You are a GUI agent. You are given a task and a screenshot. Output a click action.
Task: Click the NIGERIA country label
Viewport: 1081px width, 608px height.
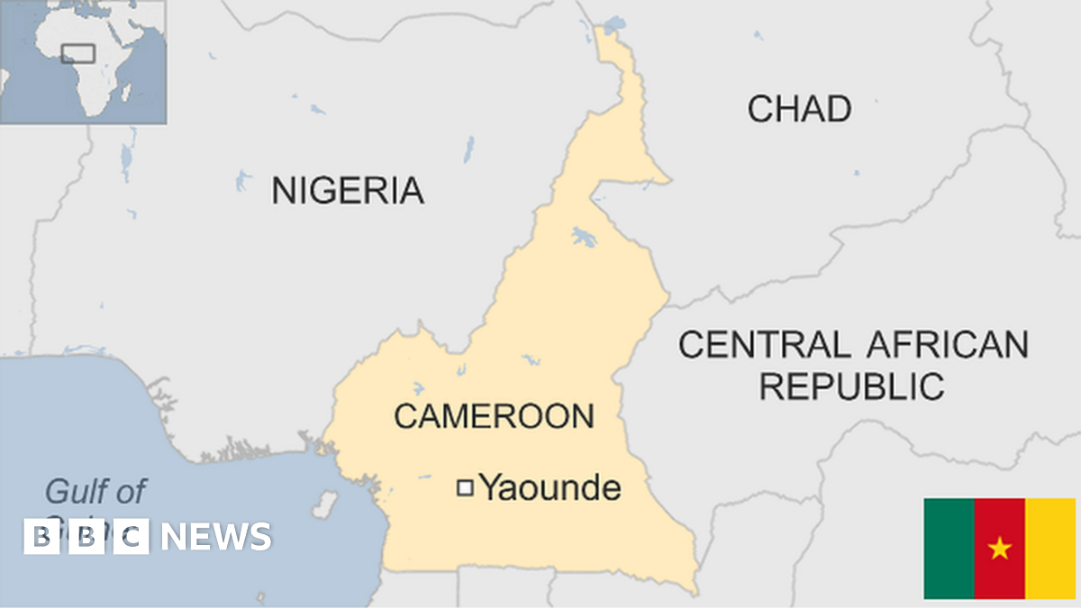[x=348, y=191]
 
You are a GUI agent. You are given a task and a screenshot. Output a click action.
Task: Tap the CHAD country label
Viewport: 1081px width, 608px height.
[x=799, y=109]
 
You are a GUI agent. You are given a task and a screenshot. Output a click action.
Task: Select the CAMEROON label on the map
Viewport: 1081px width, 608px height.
[x=494, y=416]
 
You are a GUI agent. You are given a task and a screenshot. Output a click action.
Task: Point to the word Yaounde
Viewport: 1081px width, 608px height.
[x=550, y=488]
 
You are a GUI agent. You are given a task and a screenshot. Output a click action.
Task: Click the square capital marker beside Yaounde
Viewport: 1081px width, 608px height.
[x=465, y=488]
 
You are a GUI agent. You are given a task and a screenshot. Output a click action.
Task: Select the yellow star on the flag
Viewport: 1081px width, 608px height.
[x=999, y=548]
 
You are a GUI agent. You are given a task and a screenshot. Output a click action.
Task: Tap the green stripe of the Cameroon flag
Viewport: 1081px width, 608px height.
[x=949, y=548]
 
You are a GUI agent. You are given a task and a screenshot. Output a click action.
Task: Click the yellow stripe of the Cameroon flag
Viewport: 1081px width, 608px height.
[x=1050, y=548]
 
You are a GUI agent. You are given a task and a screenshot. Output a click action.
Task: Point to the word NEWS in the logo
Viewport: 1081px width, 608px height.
[x=216, y=537]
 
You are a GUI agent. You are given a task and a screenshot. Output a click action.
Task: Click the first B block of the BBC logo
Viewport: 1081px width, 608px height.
[x=41, y=537]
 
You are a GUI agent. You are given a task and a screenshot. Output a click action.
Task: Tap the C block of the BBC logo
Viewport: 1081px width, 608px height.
[x=132, y=537]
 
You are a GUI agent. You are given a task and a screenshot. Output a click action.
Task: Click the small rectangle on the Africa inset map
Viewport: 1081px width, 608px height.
[x=78, y=53]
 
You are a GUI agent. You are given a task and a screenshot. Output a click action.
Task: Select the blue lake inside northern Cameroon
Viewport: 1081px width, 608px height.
[x=584, y=238]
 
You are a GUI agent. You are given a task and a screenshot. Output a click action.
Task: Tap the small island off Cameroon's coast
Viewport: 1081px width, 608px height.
[x=323, y=502]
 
